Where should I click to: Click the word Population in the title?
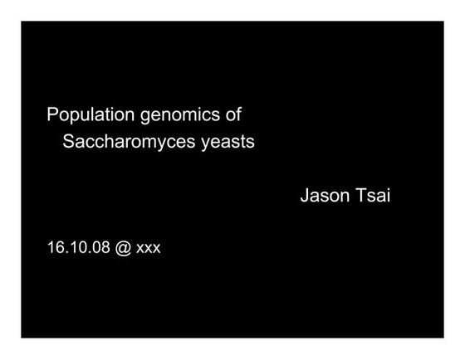[91, 114]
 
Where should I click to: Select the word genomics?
[180, 116]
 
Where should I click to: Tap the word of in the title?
[233, 114]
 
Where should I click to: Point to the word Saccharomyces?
[129, 142]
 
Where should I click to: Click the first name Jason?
[325, 196]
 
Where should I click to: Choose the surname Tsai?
[373, 195]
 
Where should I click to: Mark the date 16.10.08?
[79, 247]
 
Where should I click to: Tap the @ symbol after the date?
[123, 248]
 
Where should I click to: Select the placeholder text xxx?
[149, 249]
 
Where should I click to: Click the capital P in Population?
[52, 114]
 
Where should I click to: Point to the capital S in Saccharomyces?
[68, 141]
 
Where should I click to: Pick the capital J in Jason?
[306, 196]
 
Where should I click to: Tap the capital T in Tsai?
[361, 195]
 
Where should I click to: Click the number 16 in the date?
[54, 247]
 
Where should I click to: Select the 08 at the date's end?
[100, 247]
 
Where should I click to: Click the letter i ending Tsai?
[389, 195]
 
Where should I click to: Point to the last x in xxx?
[157, 249]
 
